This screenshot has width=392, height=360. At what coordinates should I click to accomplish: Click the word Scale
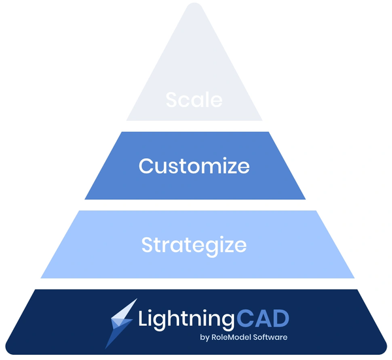[194, 100]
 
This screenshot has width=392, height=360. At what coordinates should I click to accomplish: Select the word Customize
[194, 166]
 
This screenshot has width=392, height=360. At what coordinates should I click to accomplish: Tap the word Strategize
[194, 246]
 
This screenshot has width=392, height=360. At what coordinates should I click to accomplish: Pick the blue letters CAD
[263, 318]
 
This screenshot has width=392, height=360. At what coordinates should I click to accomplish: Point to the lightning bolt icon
[122, 323]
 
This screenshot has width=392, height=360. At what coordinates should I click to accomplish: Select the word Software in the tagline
[270, 337]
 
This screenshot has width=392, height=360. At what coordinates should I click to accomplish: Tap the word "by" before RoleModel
[204, 338]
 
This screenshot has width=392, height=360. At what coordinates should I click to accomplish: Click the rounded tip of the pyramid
[194, 4]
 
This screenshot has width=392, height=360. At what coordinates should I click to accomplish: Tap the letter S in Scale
[171, 100]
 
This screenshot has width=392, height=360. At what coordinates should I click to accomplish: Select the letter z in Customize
[228, 168]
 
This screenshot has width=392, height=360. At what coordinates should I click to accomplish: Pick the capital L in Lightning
[143, 318]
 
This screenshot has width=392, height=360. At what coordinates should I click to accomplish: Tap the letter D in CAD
[282, 318]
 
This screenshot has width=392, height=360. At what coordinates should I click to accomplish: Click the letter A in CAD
[263, 318]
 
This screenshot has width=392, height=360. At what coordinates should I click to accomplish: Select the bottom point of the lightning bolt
[105, 348]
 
